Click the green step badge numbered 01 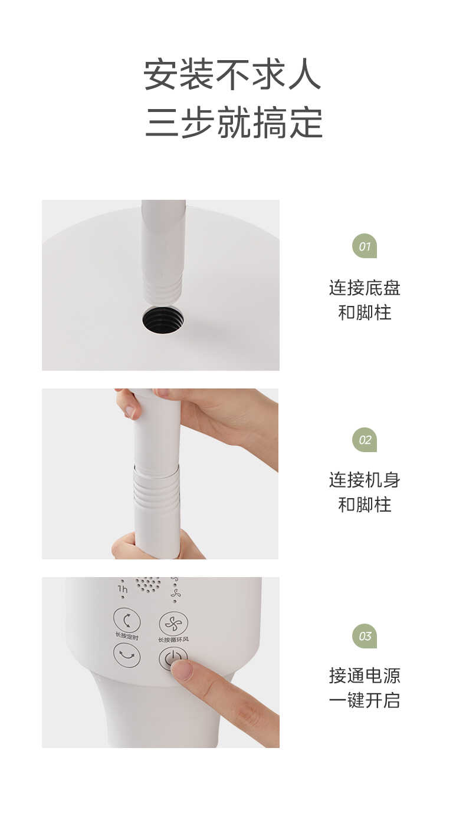[x=364, y=246]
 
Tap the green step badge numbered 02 [x=364, y=440]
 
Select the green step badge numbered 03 [x=364, y=636]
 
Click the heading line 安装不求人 [x=232, y=74]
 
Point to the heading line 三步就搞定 [x=234, y=122]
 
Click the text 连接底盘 [x=364, y=288]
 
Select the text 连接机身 [x=364, y=480]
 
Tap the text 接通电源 [x=364, y=675]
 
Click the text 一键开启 [x=364, y=700]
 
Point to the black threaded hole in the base [x=163, y=319]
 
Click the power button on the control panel [x=173, y=658]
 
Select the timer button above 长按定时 [x=127, y=620]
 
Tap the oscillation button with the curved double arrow [x=127, y=655]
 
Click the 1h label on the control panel [x=123, y=588]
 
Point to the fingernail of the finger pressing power [x=182, y=670]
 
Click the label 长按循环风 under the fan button [x=173, y=640]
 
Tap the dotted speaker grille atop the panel [x=148, y=584]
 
